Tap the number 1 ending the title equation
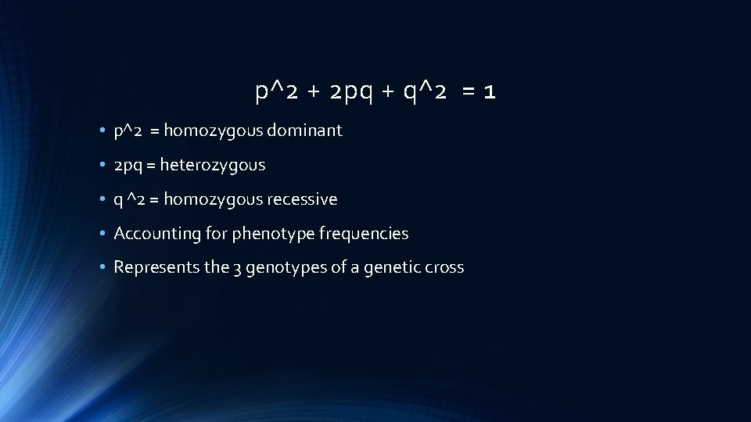(489, 92)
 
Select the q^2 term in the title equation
(425, 92)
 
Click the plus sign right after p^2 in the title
(313, 93)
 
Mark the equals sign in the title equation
(468, 93)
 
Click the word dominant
(304, 131)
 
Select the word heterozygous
(213, 165)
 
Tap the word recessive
(302, 199)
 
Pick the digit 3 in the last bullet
(237, 268)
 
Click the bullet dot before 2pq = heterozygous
(103, 166)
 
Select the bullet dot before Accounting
(103, 234)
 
